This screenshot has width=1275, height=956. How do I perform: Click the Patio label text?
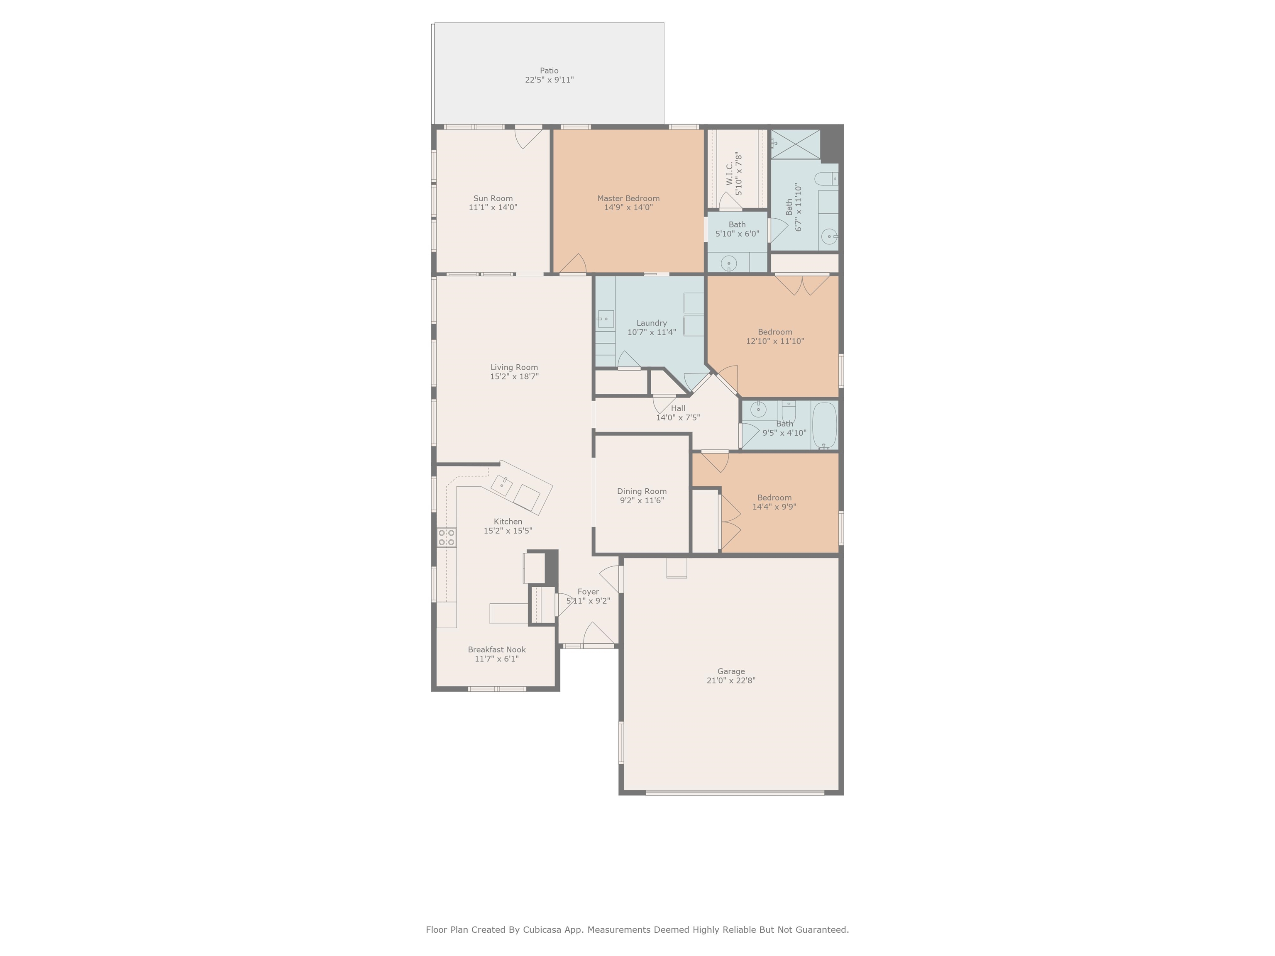point(549,70)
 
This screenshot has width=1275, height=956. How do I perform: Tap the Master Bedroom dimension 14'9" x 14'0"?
point(628,207)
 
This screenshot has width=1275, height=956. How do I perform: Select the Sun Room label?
point(493,198)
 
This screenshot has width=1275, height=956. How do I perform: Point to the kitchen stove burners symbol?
point(447,538)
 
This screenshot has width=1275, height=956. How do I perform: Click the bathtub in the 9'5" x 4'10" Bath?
point(824,425)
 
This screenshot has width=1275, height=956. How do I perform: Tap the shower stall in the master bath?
point(796,144)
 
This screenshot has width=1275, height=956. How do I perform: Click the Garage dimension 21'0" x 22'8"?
point(731,680)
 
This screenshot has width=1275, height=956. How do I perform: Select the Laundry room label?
point(651,323)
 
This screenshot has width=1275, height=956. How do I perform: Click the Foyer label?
point(588,592)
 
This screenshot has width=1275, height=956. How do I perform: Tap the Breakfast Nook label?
point(496,649)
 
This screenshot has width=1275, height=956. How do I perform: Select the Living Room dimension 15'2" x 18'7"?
point(514,377)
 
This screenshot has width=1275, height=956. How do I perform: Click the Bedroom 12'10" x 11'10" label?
point(775,332)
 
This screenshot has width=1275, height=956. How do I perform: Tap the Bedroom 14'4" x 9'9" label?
point(774,498)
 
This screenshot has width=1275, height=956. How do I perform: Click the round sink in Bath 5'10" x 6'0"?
point(729,264)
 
